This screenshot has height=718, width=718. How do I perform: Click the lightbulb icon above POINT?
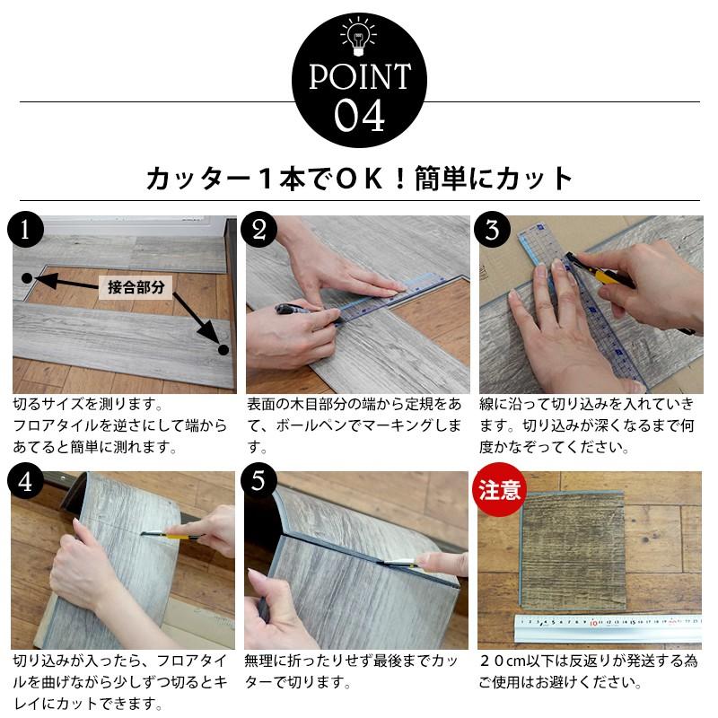pyautogui.click(x=358, y=37)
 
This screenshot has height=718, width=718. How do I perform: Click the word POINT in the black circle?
pyautogui.click(x=359, y=78)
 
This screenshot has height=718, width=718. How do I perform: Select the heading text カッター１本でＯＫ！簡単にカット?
pyautogui.click(x=359, y=179)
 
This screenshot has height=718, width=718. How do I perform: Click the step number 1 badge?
pyautogui.click(x=27, y=231)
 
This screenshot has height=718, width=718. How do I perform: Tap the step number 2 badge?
pyautogui.click(x=261, y=231)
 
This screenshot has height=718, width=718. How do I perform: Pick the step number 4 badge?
pyautogui.click(x=27, y=482)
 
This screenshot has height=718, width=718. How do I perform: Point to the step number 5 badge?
pyautogui.click(x=261, y=482)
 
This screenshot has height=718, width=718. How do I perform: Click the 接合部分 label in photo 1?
pyautogui.click(x=136, y=287)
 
